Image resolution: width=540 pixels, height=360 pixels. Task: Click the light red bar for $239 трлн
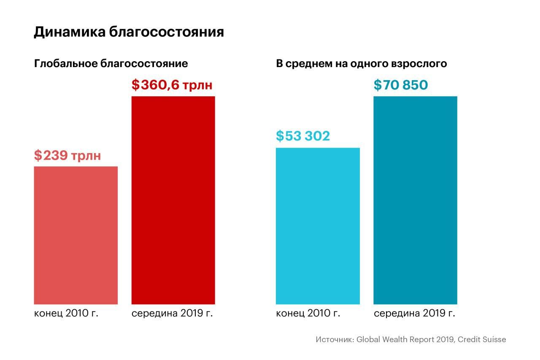tap(76, 235)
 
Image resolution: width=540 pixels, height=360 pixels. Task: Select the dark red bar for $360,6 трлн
tap(173, 200)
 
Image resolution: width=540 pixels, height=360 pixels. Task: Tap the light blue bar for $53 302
tap(318, 226)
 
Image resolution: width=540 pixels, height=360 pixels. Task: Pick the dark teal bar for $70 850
tap(415, 200)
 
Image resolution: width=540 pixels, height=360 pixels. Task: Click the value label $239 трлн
tap(67, 155)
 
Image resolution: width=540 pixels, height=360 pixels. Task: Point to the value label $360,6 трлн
tap(172, 85)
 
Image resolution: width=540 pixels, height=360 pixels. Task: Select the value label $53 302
tap(302, 136)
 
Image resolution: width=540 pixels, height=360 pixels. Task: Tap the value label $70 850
tap(401, 85)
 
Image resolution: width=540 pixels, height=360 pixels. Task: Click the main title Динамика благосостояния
tap(129, 32)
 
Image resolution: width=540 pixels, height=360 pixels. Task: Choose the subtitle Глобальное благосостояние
tap(111, 64)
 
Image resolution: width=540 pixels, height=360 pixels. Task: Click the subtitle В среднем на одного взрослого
tap(361, 64)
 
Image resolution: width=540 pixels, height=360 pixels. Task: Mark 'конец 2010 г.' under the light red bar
tap(66, 314)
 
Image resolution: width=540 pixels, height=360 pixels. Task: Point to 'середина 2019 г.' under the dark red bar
tap(172, 314)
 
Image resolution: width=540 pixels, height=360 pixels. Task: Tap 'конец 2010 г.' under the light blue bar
tap(308, 314)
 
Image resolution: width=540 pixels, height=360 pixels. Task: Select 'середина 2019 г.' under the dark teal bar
tap(414, 314)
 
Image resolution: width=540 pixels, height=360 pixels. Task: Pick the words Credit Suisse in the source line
tap(482, 339)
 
